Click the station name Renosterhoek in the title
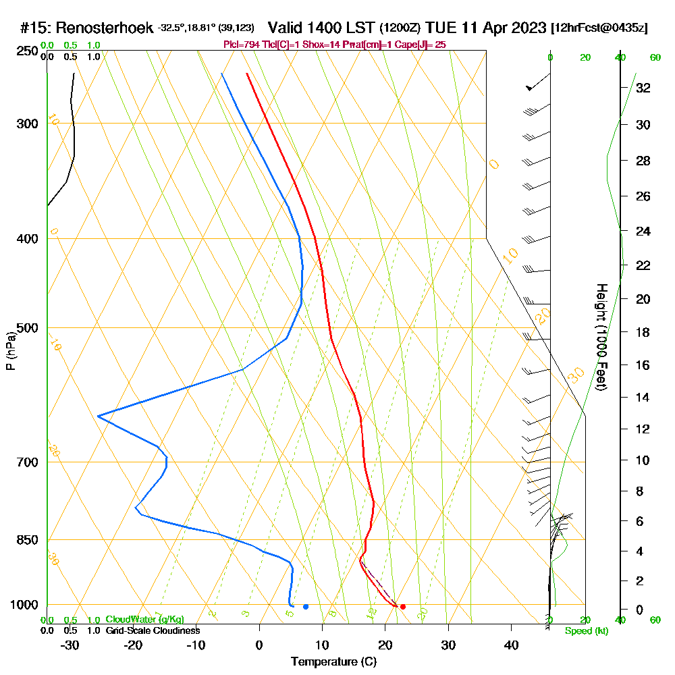coord(105,28)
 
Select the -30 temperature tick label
coord(70,645)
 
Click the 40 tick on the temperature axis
coord(512,645)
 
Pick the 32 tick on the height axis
coord(643,88)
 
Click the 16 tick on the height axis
coord(643,365)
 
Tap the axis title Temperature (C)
coord(333,662)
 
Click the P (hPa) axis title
coord(10,351)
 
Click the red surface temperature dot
coord(403,607)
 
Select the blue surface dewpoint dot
coord(306,607)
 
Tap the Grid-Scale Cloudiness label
coord(152,630)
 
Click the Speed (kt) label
coord(585,630)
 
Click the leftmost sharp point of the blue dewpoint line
coord(98,416)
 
